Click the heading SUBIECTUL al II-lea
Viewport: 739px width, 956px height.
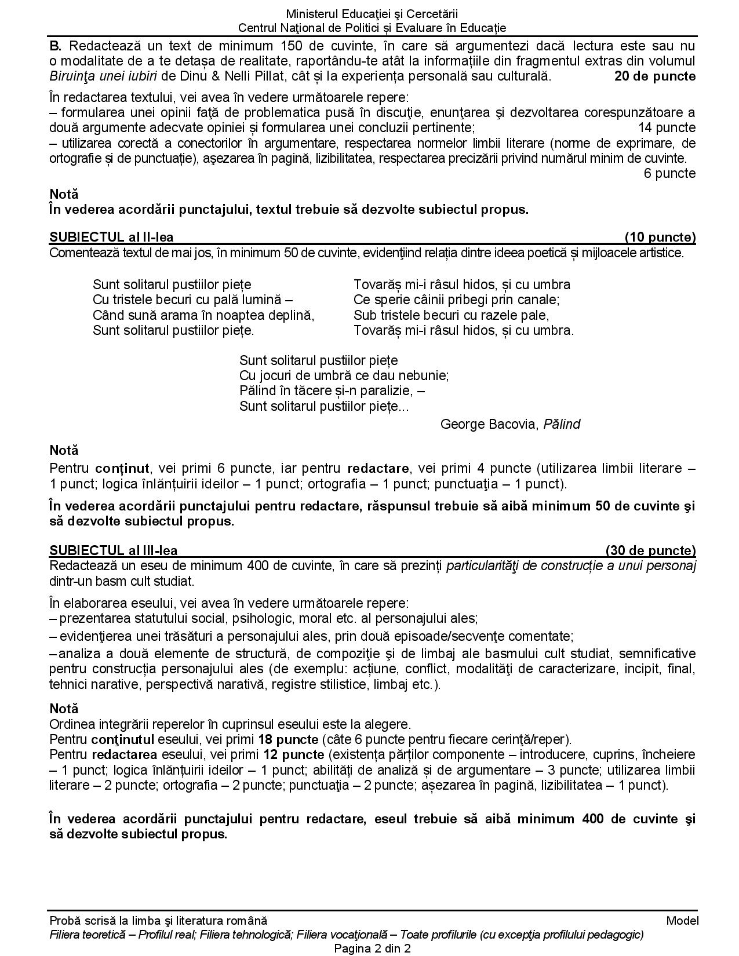[x=111, y=237]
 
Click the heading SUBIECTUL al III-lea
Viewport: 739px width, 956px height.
[x=114, y=550]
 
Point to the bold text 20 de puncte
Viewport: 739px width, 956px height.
[x=655, y=76]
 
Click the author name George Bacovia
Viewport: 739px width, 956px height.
[x=489, y=424]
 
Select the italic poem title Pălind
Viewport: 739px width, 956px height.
[x=562, y=424]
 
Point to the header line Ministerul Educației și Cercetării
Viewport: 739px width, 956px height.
[x=372, y=14]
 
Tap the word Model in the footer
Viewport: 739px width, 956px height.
[x=682, y=921]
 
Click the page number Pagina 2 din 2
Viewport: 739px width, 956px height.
[x=372, y=948]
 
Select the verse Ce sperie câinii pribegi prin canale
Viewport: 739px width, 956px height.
[x=456, y=300]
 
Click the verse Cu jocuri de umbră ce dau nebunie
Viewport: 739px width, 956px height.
[x=344, y=375]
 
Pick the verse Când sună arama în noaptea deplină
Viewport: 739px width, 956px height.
[x=203, y=315]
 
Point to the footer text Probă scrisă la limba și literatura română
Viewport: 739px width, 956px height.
[x=159, y=921]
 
